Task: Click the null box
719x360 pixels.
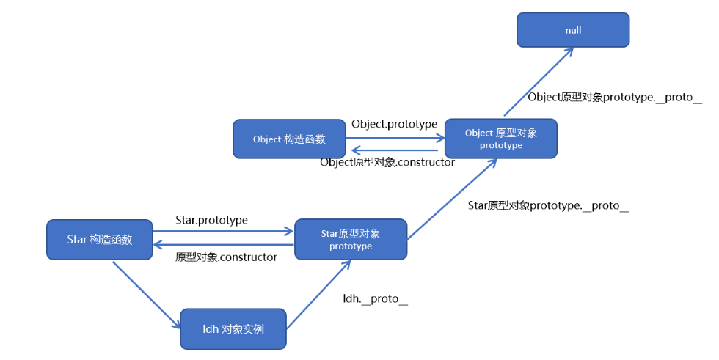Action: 573,31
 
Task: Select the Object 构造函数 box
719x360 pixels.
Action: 289,139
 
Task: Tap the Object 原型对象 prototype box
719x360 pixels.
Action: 501,139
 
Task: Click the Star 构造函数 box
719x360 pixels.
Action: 100,239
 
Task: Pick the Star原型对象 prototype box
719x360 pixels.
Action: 351,239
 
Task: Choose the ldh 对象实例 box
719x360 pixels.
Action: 233,329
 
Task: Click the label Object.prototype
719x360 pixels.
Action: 394,124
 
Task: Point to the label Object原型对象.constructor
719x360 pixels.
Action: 387,162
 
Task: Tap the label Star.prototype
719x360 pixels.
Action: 211,220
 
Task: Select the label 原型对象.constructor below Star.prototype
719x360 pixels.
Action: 226,257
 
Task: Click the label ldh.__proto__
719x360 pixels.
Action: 375,299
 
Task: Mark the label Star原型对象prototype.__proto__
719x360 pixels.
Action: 548,206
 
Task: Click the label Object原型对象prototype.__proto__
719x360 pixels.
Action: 615,98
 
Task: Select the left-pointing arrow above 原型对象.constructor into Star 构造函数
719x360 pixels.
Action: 223,246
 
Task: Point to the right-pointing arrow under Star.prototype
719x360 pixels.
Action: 223,232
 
